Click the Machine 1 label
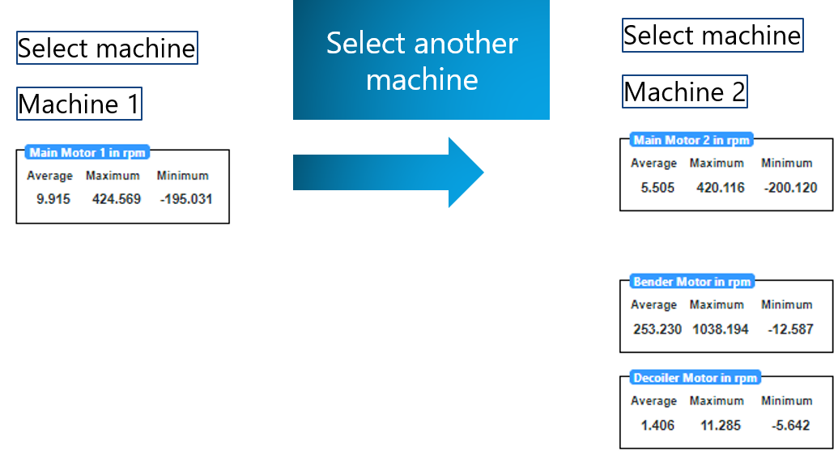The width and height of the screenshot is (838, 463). [x=79, y=104]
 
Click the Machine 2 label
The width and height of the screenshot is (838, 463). [x=684, y=92]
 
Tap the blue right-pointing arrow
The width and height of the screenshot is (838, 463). [x=389, y=172]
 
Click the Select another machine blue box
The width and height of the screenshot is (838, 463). [x=421, y=60]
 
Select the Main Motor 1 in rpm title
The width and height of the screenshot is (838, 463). [x=87, y=153]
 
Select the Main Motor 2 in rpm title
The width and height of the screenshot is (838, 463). [x=691, y=140]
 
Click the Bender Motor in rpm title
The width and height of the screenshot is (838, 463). [x=692, y=282]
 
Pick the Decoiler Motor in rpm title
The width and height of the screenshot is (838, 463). [x=695, y=378]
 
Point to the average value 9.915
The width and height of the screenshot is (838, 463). [x=53, y=199]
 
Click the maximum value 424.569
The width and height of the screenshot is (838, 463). [x=117, y=199]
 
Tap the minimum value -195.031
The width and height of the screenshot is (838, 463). [x=185, y=199]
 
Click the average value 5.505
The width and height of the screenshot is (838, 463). [x=657, y=188]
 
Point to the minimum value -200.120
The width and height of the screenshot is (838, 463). [x=790, y=188]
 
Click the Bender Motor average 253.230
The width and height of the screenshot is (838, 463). [x=657, y=329]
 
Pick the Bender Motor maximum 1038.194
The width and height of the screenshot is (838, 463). [x=721, y=329]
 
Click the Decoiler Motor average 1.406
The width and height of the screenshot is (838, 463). [x=657, y=425]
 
